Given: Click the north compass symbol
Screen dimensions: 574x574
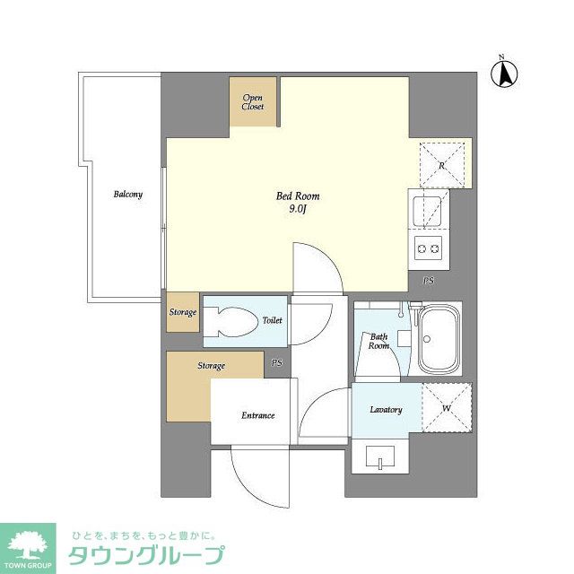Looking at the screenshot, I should click(505, 73).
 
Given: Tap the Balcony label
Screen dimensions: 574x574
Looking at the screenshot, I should click(127, 195).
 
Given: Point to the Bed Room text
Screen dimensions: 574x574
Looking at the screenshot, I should click(297, 196).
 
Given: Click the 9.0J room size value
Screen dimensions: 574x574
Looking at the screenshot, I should click(298, 210).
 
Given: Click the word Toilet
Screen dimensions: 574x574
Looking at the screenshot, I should click(272, 320).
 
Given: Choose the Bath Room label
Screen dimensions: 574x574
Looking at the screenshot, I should click(378, 341).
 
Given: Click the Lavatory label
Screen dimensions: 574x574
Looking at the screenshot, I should click(386, 410).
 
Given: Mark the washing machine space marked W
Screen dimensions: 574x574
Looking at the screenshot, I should click(446, 408).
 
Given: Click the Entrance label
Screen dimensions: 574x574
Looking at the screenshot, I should click(257, 415).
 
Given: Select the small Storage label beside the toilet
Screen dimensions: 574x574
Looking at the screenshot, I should click(183, 312).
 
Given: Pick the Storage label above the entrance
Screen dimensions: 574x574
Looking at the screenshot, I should click(212, 366).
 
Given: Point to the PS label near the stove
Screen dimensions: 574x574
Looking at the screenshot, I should click(428, 281).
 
